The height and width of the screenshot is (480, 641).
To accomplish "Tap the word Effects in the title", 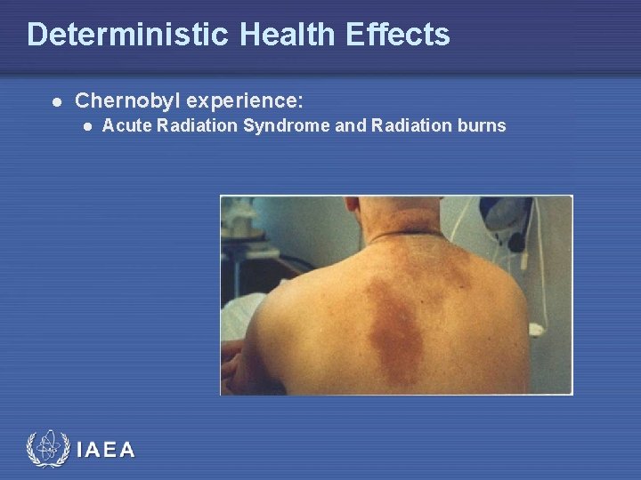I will pyautogui.click(x=400, y=35).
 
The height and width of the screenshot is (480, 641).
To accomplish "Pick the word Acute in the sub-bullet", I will pyautogui.click(x=124, y=126).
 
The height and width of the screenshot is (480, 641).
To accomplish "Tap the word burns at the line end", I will pyautogui.click(x=482, y=126).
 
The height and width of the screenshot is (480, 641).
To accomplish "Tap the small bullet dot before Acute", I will pyautogui.click(x=86, y=127).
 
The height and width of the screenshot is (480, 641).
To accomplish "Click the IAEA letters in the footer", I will pyautogui.click(x=107, y=451).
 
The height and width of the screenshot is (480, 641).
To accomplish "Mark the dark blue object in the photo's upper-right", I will pyautogui.click(x=507, y=213).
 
